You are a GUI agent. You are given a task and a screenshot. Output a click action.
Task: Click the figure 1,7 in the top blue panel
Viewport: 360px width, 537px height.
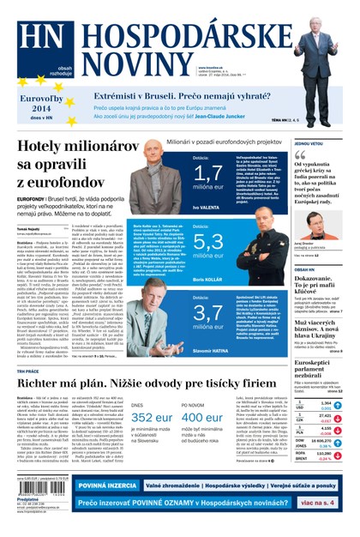pos(208,173)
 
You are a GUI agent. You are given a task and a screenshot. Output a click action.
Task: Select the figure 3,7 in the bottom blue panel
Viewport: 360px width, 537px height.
pos(208,311)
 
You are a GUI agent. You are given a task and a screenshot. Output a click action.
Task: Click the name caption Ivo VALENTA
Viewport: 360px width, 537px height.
pos(207,207)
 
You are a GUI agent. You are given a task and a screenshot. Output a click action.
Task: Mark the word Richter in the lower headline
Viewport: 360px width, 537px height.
pos(43,385)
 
